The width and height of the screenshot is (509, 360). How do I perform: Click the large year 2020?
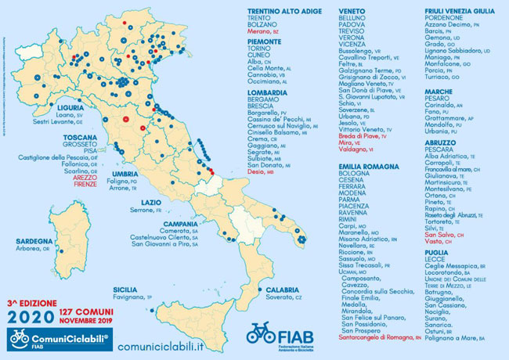(32, 318)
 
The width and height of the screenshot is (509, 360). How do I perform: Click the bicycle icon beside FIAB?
(261, 333)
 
